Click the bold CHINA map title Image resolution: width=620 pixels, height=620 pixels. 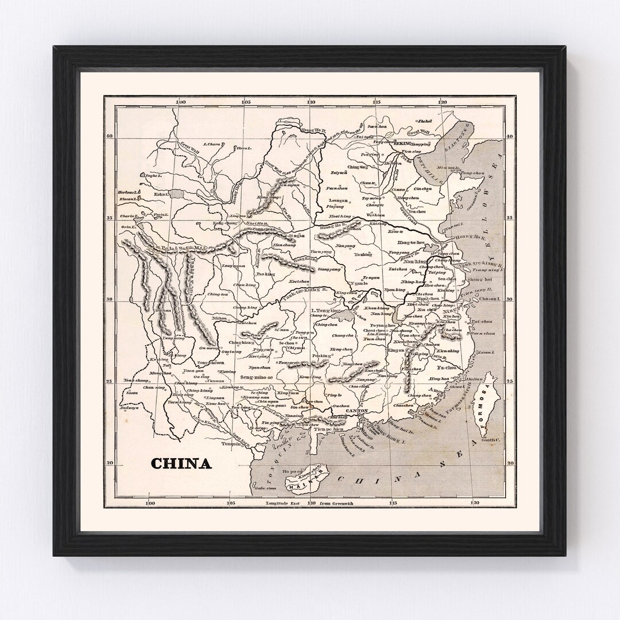tap(181, 463)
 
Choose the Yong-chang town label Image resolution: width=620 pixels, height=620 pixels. tap(135, 380)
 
